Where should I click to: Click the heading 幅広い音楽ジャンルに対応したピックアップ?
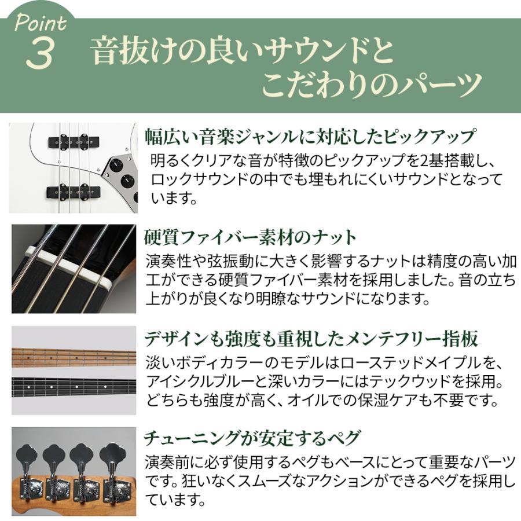pyautogui.click(x=310, y=137)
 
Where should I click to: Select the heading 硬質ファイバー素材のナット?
pyautogui.click(x=250, y=237)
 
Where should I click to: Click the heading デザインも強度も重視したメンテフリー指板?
pyautogui.click(x=313, y=337)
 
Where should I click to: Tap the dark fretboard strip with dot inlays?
pyautogui.click(x=74, y=385)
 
